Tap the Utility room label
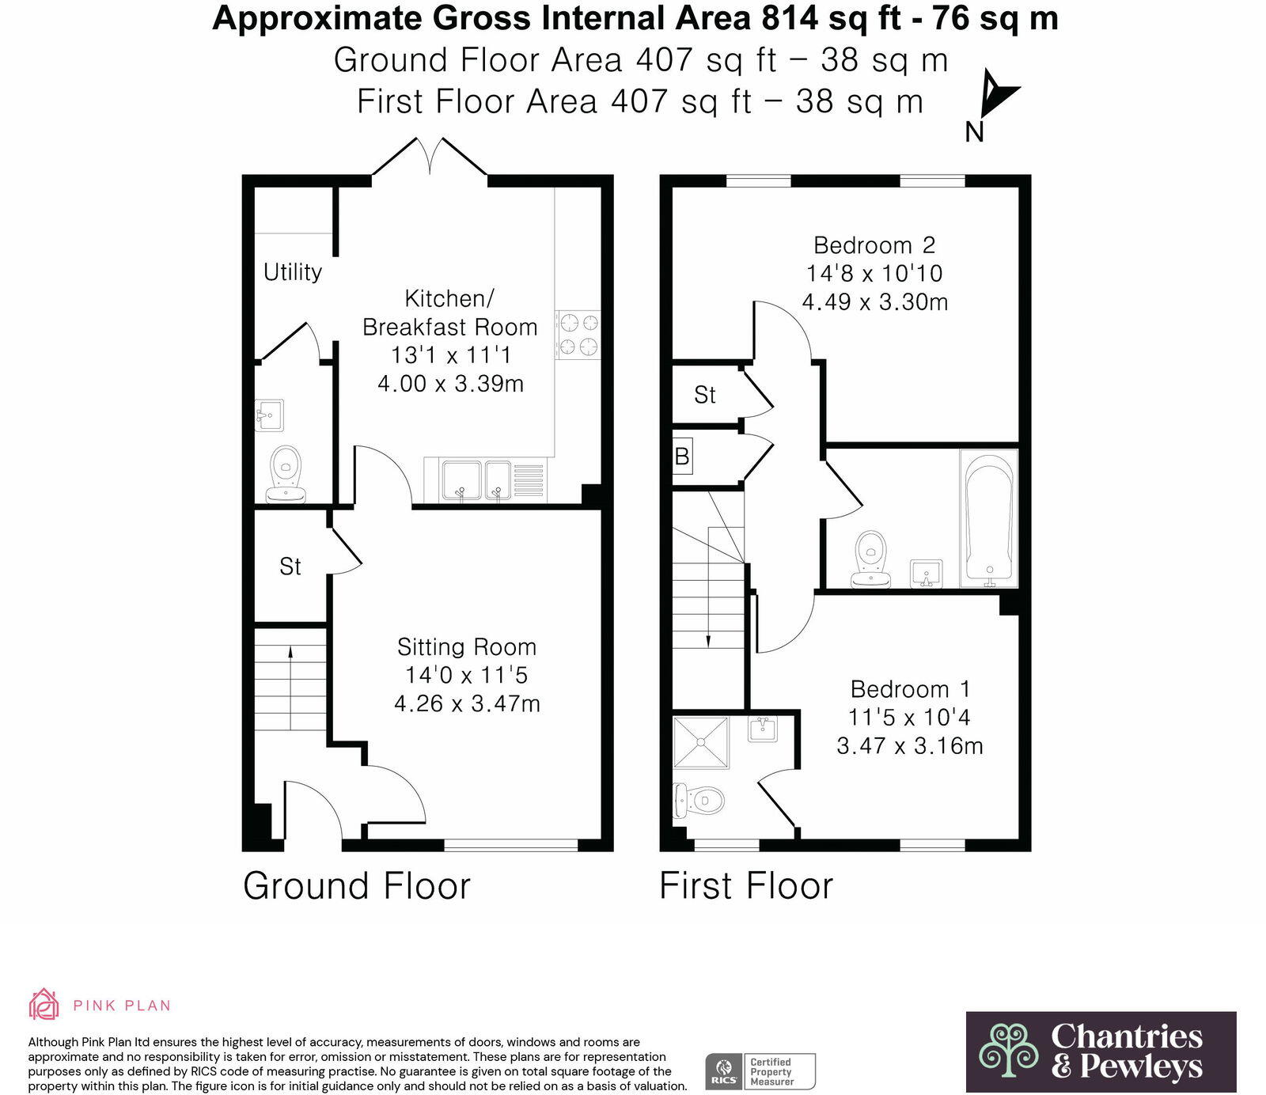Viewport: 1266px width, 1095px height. [293, 272]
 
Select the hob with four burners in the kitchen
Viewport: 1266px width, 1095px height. [578, 335]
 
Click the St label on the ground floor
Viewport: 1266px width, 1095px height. [290, 566]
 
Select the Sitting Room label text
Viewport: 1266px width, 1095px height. [467, 647]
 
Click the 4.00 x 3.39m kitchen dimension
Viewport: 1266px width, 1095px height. [450, 384]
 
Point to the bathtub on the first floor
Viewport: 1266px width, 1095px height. [988, 519]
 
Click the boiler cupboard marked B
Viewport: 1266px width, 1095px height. [682, 457]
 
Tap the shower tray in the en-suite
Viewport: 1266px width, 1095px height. [700, 742]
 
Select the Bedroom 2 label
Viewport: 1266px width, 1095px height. [874, 245]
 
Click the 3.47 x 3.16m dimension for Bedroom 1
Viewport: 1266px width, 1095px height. [910, 746]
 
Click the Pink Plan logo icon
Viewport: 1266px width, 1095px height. [44, 1004]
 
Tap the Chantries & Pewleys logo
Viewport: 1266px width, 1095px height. [1101, 1051]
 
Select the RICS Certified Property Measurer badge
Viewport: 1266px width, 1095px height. [760, 1071]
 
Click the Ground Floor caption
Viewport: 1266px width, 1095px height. [357, 885]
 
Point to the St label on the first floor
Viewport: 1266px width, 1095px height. [704, 395]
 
